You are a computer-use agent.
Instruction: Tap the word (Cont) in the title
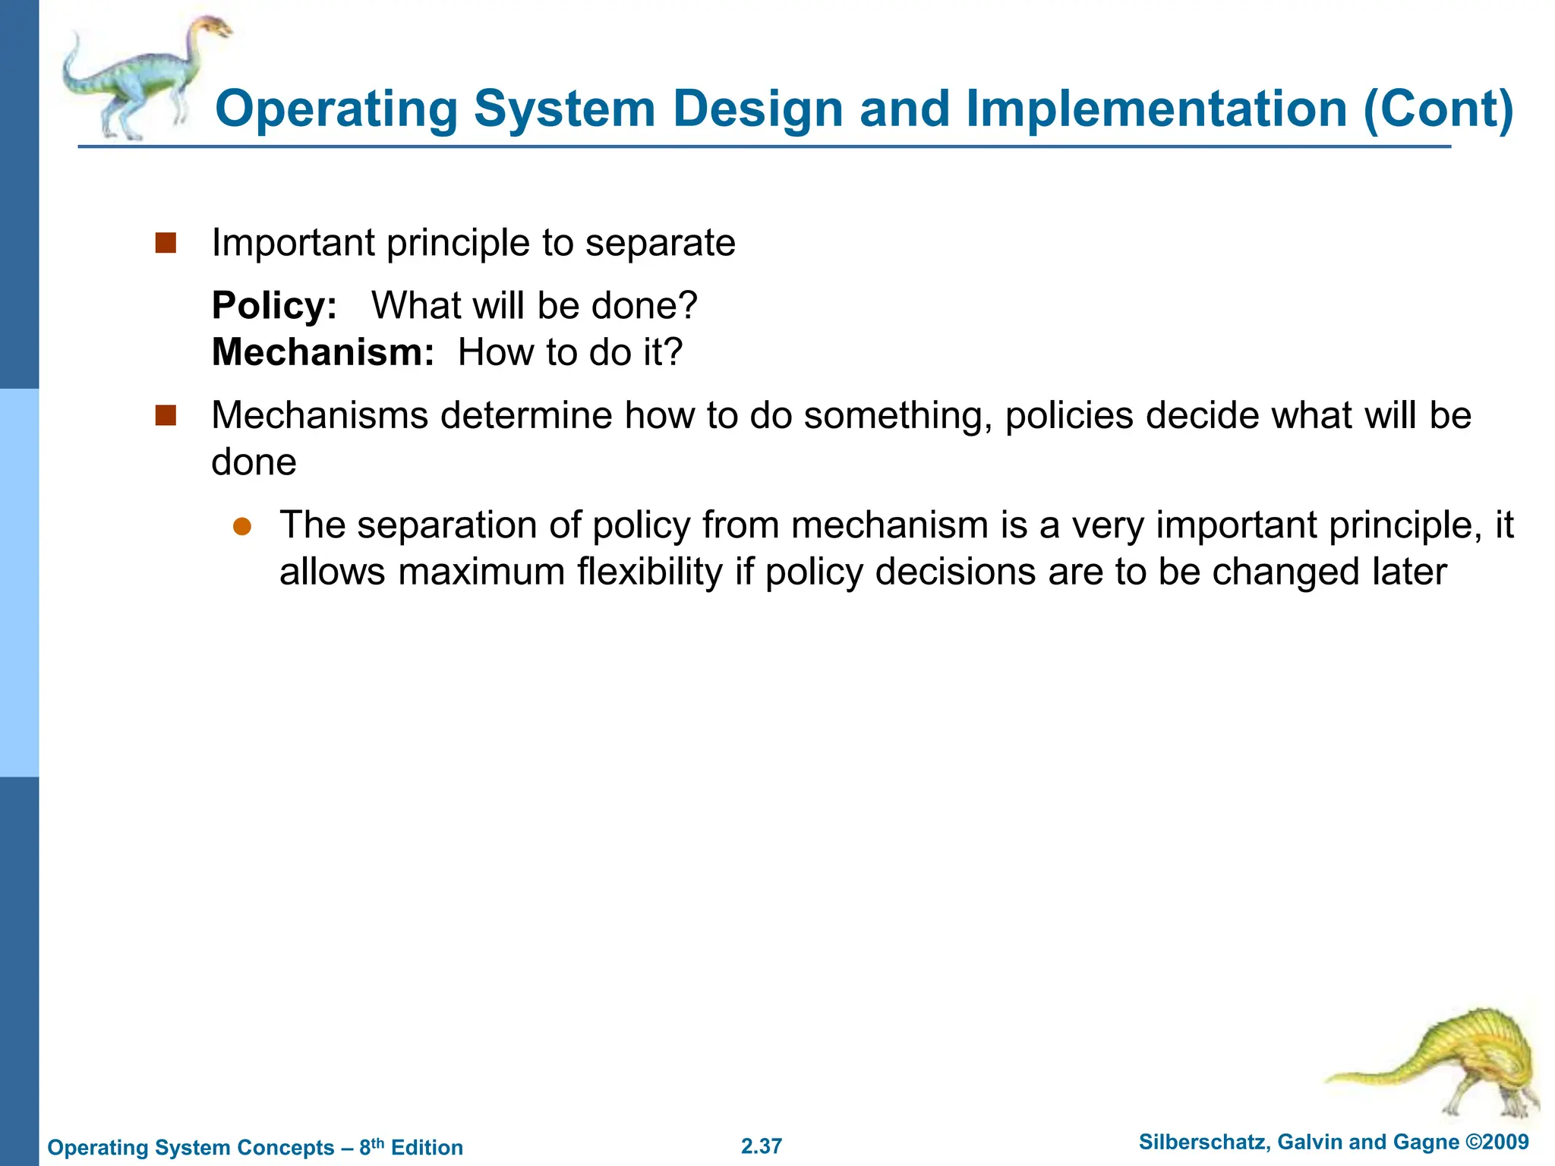pos(1438,109)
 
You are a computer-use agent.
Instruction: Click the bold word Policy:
pos(274,306)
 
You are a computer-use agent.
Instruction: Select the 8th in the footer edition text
pos(371,1146)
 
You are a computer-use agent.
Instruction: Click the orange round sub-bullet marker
pos(241,527)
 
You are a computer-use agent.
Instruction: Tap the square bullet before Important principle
pos(166,244)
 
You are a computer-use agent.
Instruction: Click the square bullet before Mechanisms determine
pos(166,416)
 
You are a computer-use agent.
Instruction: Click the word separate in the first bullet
pos(660,244)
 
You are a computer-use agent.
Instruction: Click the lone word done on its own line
pos(254,462)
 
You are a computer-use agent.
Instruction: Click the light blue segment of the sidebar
pos(19,583)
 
